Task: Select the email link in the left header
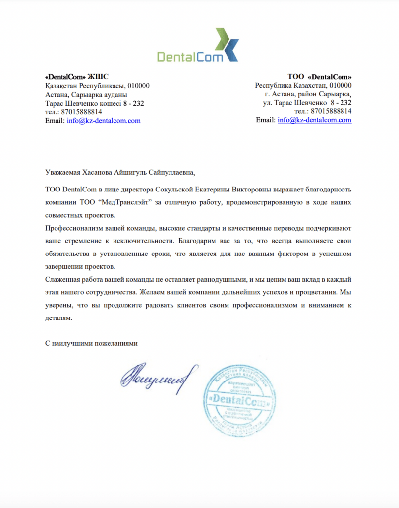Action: (x=104, y=121)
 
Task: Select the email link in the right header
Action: (x=314, y=120)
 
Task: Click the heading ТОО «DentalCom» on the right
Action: (x=320, y=77)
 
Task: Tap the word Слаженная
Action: (x=60, y=280)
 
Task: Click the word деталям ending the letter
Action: (x=58, y=319)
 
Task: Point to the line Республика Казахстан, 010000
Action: (x=303, y=85)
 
